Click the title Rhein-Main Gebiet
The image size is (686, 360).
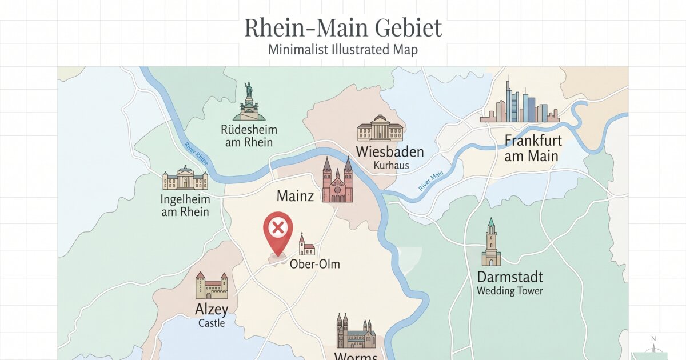(343, 28)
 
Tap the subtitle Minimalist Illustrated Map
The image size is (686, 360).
(343, 50)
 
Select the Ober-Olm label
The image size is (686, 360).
(314, 264)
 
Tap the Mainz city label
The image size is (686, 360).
(295, 197)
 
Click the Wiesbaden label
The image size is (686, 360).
(389, 152)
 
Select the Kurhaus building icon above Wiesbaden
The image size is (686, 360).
(380, 128)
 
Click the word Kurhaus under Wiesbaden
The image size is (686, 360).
(392, 166)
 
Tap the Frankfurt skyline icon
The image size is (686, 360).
(519, 103)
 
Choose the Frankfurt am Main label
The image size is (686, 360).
(532, 148)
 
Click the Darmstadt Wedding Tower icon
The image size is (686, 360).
(490, 242)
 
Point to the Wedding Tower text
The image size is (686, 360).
(510, 291)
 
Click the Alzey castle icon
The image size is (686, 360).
(212, 285)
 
